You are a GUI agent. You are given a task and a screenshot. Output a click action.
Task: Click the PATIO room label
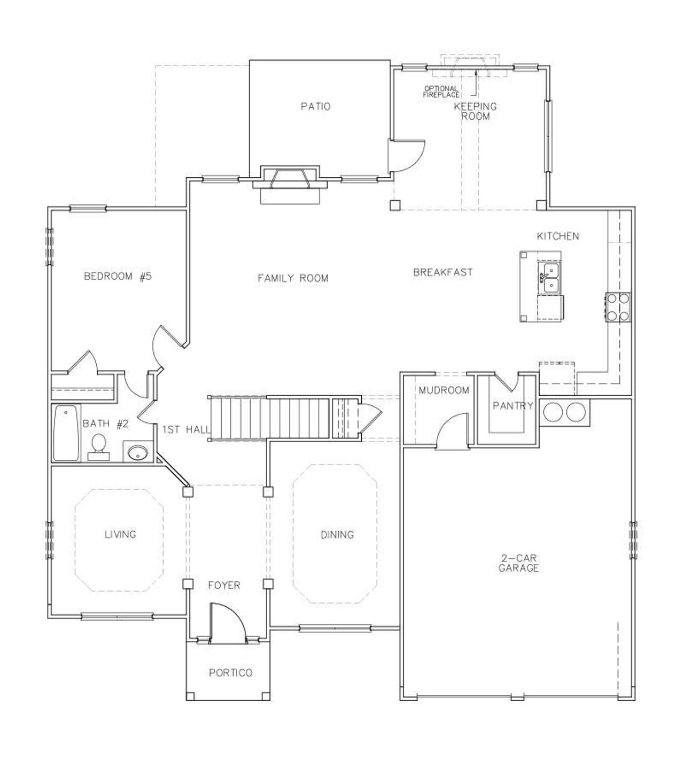315,106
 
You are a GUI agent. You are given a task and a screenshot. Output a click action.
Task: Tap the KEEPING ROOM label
475,111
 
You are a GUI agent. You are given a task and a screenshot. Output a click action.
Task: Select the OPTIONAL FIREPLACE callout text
441,91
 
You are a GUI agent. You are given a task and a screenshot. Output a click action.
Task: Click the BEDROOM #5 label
118,277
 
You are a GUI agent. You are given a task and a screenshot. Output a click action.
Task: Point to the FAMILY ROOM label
293,278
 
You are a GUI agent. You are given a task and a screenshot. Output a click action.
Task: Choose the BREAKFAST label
443,272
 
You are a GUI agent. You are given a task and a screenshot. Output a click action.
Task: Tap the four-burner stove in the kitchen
617,307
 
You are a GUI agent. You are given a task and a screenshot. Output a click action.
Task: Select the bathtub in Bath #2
65,433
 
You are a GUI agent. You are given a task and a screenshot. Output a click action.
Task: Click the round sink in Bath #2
138,453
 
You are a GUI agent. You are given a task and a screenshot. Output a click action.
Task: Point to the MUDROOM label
444,390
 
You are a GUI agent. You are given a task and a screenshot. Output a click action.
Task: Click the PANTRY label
512,406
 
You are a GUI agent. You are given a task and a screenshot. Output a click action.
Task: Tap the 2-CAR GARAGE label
518,563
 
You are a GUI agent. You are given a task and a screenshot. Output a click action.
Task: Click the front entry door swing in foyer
227,622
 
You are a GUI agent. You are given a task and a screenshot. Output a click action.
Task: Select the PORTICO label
230,673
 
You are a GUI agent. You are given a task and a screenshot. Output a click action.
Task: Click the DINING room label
337,535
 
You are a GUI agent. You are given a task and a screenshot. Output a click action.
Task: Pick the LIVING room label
120,534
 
